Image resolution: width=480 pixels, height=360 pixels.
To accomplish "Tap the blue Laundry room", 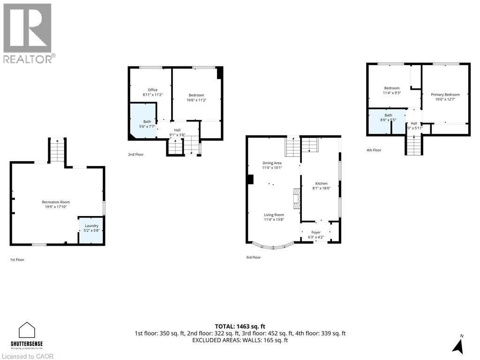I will [x=91, y=230].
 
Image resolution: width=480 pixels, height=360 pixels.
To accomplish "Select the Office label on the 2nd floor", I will [x=152, y=90].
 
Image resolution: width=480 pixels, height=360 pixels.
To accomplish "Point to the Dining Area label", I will [x=272, y=163].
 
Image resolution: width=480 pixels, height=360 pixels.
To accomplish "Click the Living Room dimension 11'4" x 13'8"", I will [x=274, y=219].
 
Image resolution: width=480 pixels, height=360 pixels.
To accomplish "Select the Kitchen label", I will [x=321, y=183].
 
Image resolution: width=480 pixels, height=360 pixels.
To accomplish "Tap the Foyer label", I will [x=316, y=232].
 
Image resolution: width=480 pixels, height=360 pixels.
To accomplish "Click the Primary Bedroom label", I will [x=445, y=94].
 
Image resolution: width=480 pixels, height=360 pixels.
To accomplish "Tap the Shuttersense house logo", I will [x=27, y=330].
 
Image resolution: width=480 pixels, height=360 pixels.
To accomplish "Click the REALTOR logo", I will [x=28, y=33].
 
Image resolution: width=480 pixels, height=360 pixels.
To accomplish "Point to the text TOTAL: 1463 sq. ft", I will [x=240, y=326].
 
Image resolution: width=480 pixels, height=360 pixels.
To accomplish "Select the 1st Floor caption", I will [x=17, y=259].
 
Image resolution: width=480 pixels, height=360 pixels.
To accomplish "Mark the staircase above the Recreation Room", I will [x=57, y=150].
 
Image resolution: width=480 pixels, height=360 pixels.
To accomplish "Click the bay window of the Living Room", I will [x=273, y=245].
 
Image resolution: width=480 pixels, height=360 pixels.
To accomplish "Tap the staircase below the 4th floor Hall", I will [x=414, y=145].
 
